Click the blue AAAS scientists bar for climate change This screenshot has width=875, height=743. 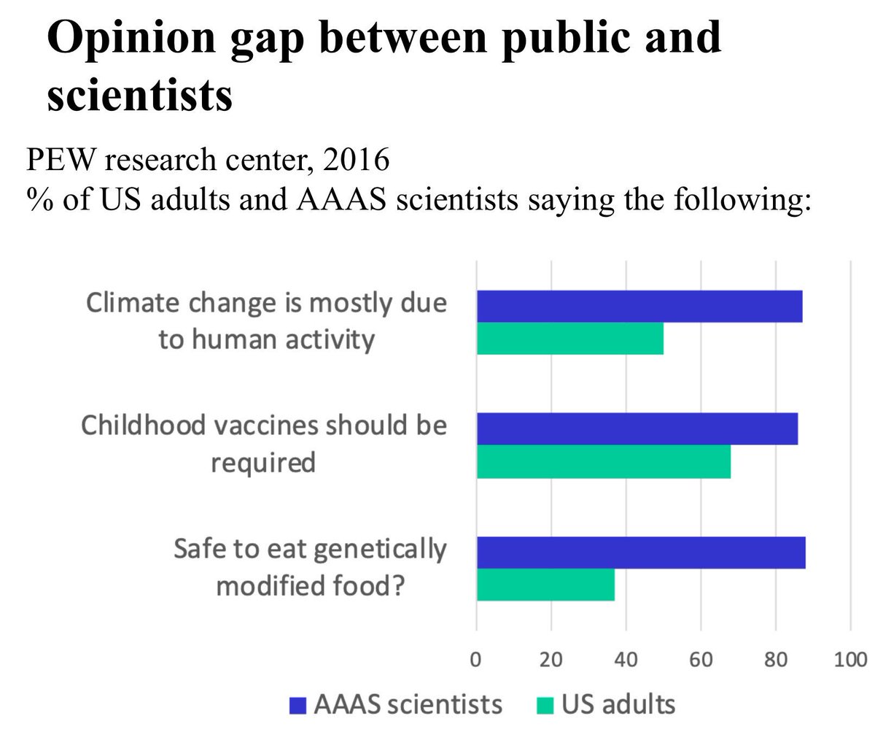[x=639, y=307]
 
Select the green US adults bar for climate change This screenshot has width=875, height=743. [x=569, y=339]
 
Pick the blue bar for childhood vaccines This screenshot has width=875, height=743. [x=637, y=428]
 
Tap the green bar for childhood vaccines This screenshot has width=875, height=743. [x=603, y=461]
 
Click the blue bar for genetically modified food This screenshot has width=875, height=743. [x=640, y=553]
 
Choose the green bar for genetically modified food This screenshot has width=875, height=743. [x=545, y=585]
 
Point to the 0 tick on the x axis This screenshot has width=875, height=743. [x=476, y=660]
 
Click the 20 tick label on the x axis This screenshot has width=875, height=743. [x=551, y=660]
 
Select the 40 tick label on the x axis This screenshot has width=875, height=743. [x=626, y=660]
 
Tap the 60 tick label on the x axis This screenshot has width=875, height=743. [x=701, y=660]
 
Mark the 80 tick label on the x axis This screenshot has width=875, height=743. [x=776, y=660]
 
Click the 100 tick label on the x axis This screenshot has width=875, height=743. [x=850, y=660]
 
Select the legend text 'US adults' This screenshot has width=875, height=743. [x=618, y=705]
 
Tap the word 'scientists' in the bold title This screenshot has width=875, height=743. [x=139, y=95]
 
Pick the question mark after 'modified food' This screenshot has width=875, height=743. [x=396, y=586]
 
